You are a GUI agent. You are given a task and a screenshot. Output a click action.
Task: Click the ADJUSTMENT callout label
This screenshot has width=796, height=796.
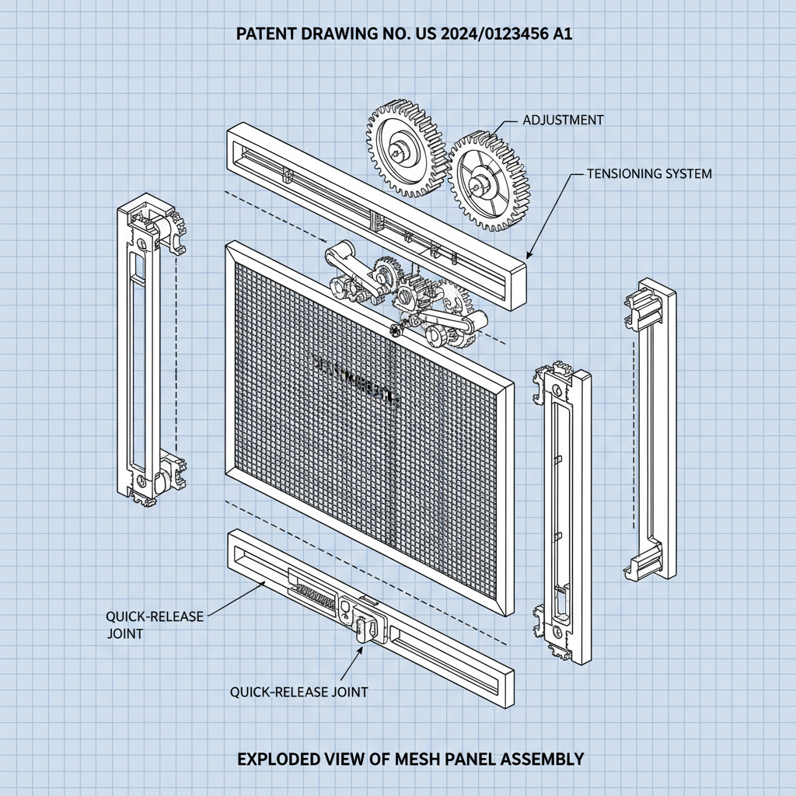pyautogui.click(x=563, y=120)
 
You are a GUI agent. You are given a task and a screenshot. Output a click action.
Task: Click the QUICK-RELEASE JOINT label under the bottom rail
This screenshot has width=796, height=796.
pyautogui.click(x=299, y=691)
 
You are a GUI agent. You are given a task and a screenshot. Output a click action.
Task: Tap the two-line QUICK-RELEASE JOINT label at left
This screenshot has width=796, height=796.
pyautogui.click(x=155, y=624)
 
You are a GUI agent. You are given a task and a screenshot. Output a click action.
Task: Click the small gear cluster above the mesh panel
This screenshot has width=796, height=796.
pyautogui.click(x=404, y=292)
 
